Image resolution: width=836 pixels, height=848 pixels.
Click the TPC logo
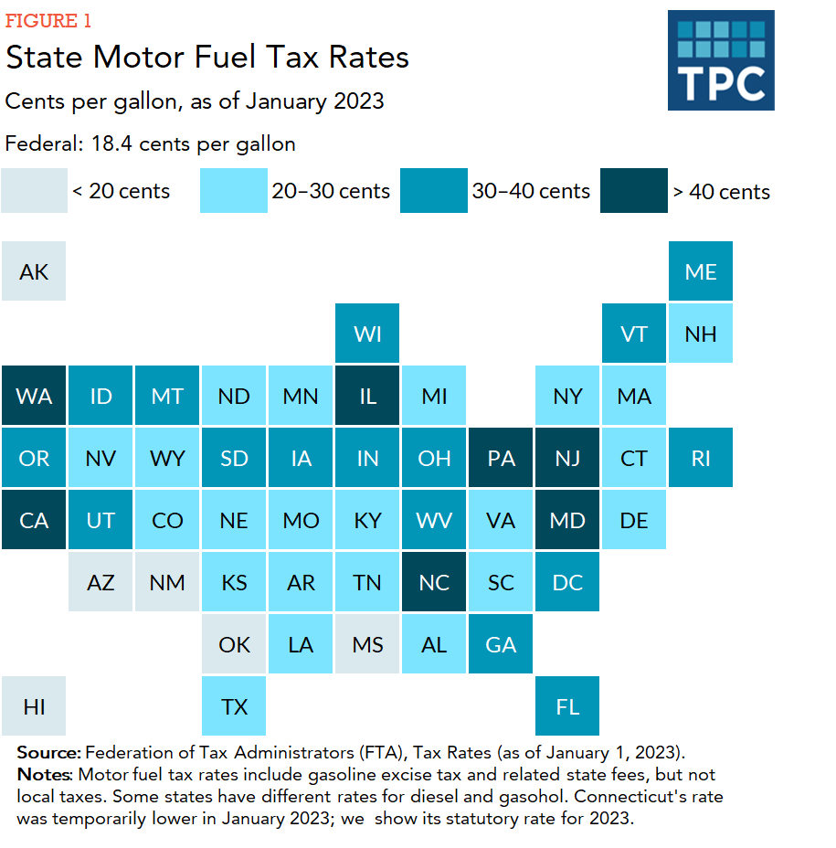pyautogui.click(x=720, y=60)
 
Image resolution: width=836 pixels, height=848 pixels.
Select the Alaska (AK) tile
pyautogui.click(x=34, y=271)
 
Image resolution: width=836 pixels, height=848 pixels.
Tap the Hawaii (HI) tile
pyautogui.click(x=34, y=706)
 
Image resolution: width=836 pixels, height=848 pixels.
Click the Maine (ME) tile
pyautogui.click(x=701, y=271)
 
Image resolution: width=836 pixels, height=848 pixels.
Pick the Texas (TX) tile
pyautogui.click(x=234, y=706)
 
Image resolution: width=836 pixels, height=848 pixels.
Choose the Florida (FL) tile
pyautogui.click(x=567, y=706)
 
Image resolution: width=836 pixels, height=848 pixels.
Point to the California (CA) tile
pyautogui.click(x=34, y=520)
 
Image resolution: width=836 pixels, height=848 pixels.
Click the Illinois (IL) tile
pyautogui.click(x=367, y=396)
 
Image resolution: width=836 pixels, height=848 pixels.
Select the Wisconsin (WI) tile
pyautogui.click(x=367, y=334)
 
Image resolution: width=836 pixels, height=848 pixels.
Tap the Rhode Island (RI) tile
pyautogui.click(x=701, y=458)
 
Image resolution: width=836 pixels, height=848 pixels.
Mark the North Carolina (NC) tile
pyautogui.click(x=434, y=582)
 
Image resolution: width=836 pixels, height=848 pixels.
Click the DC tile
pyautogui.click(x=567, y=582)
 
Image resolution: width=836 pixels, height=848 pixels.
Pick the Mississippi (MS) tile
pyautogui.click(x=367, y=644)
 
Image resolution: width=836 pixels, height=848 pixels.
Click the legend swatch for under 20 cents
pyautogui.click(x=34, y=191)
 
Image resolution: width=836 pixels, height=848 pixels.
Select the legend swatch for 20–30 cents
pyautogui.click(x=234, y=191)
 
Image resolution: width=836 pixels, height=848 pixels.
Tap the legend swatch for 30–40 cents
pyautogui.click(x=434, y=191)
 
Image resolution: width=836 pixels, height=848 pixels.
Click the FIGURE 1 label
pyautogui.click(x=48, y=21)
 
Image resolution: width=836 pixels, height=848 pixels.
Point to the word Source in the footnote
pyautogui.click(x=48, y=752)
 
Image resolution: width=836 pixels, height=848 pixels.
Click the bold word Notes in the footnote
pyautogui.click(x=45, y=774)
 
